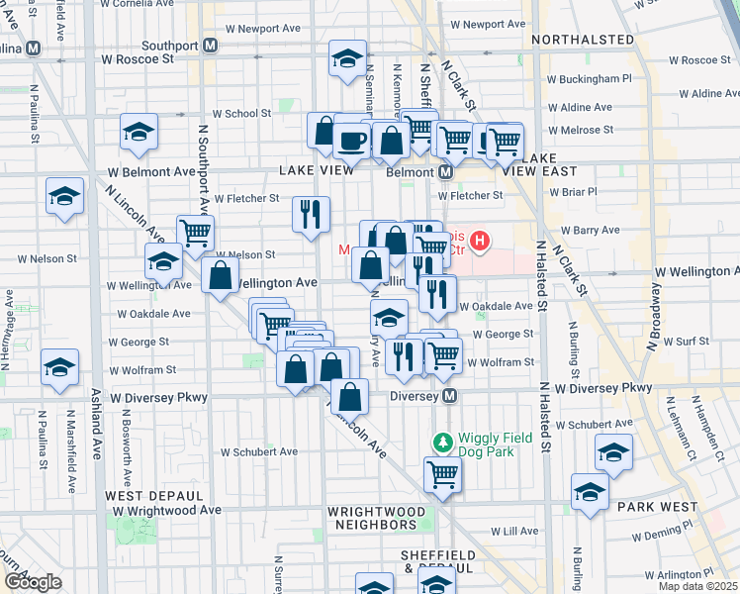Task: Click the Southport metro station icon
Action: point(211,46)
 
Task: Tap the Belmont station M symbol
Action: point(445,172)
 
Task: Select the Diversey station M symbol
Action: point(449,396)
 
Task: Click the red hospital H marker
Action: point(480,240)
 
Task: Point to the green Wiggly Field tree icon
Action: point(443,440)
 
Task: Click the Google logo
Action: point(33,582)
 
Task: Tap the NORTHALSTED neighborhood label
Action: point(582,40)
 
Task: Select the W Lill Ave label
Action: point(513,531)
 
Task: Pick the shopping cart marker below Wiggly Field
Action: point(442,474)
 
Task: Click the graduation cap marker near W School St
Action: point(139,132)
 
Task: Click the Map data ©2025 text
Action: point(696,586)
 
